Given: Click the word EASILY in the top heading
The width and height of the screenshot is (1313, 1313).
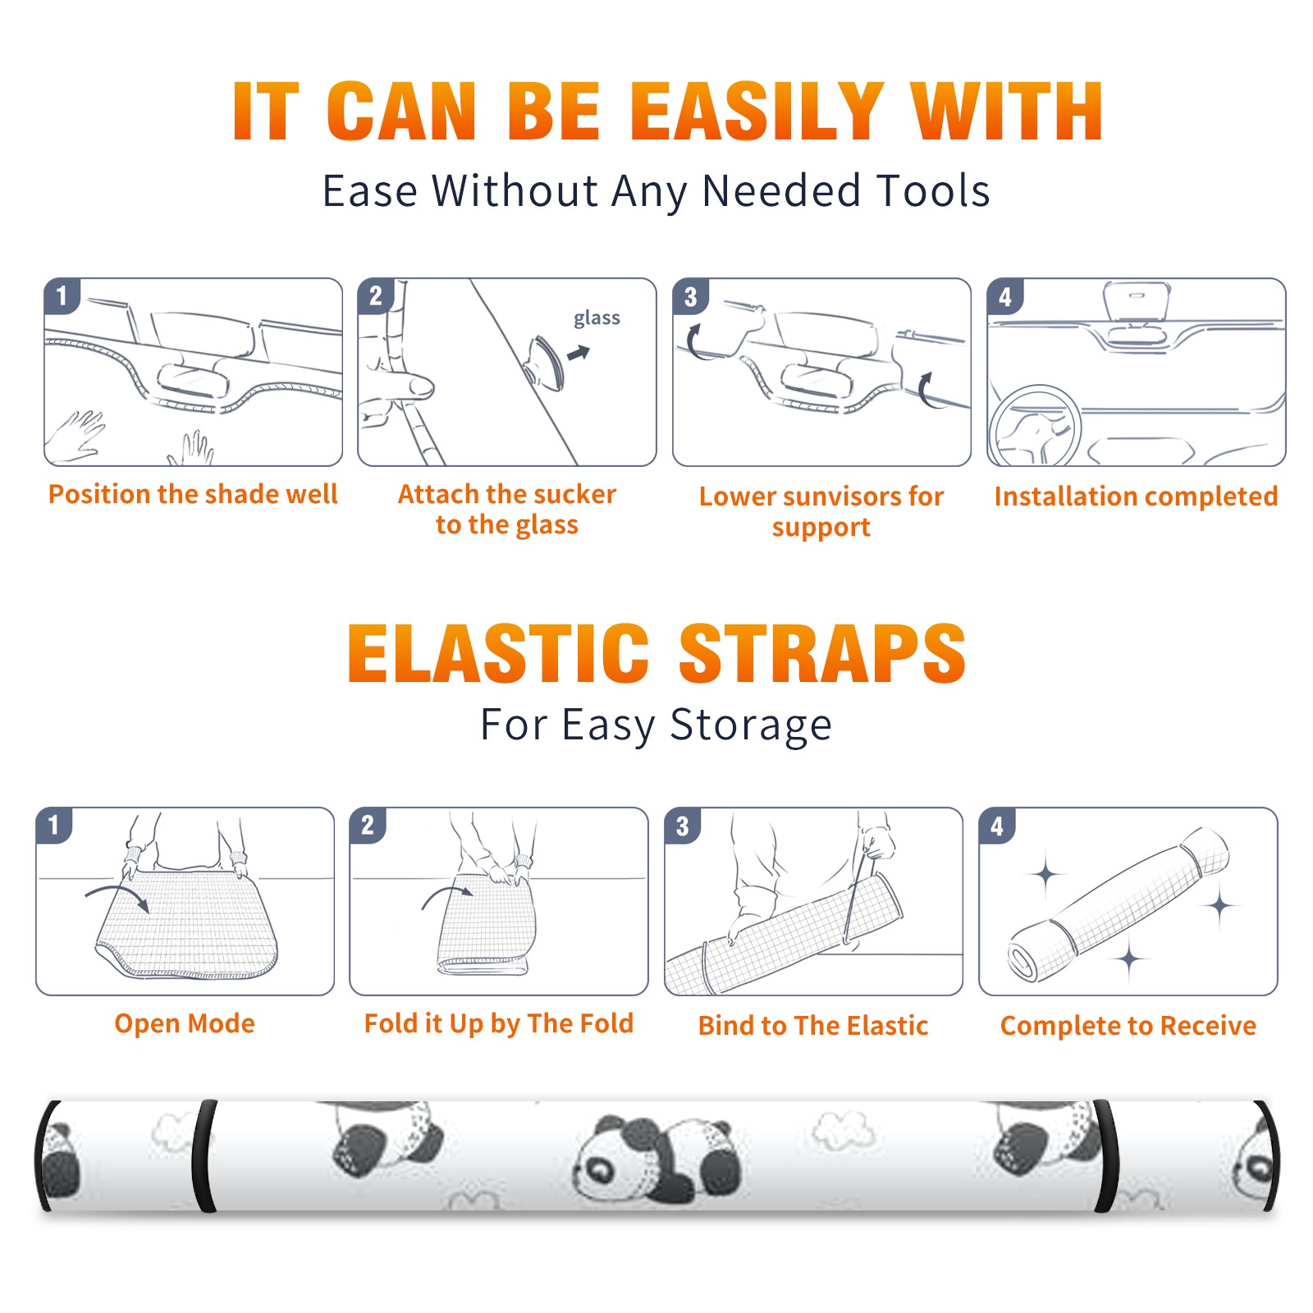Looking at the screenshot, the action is click(x=756, y=112).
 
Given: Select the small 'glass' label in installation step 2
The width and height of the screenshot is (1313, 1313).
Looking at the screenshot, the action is click(x=597, y=318).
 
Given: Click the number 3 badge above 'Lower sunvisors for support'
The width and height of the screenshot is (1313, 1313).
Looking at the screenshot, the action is click(x=690, y=296).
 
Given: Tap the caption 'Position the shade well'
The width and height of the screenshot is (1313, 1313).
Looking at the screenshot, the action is click(x=193, y=494).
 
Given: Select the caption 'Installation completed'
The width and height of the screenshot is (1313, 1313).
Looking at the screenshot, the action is click(x=1136, y=496).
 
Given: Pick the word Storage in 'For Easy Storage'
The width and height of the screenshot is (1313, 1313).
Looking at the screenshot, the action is click(x=751, y=725).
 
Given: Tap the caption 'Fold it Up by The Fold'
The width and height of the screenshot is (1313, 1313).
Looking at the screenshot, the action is click(x=499, y=1023).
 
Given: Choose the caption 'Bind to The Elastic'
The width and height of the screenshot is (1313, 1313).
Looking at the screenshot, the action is click(x=813, y=1026).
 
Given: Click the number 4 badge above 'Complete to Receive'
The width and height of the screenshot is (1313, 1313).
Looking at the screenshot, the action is click(x=996, y=826).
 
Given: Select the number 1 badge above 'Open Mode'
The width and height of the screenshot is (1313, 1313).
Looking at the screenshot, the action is click(x=53, y=825).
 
